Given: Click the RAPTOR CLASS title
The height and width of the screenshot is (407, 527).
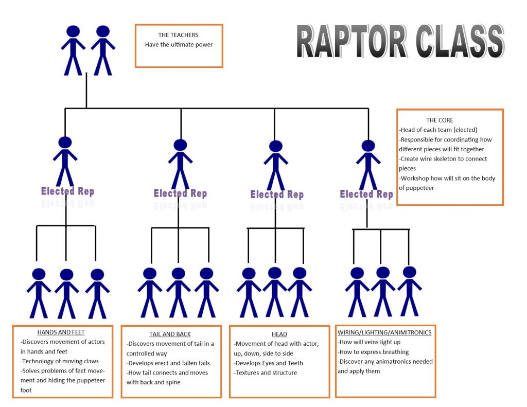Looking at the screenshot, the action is coord(400,42).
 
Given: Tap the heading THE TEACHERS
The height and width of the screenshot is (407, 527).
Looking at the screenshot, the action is coord(178,35).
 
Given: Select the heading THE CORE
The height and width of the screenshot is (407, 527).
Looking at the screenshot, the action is coord(440,120).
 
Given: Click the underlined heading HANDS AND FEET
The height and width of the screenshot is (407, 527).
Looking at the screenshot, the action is coord(61,332).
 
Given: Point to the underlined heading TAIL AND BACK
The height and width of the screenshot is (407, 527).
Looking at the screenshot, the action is coord(170,334).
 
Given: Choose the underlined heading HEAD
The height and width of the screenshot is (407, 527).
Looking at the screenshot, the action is coord(279,334).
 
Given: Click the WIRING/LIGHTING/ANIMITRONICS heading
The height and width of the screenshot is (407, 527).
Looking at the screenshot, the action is coord(384,333).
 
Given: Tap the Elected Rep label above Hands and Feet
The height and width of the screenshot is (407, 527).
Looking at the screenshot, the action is coord(67,191).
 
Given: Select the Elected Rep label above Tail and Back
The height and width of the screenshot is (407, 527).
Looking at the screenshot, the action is coord(180,193).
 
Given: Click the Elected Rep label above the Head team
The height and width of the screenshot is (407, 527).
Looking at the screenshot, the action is coord(277,194).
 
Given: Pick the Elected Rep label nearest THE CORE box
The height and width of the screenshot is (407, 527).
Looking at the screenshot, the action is coord(366,194).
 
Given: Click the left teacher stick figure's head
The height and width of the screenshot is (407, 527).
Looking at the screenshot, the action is coord(73,31).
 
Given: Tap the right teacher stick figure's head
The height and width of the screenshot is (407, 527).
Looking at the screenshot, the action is coord(102,31).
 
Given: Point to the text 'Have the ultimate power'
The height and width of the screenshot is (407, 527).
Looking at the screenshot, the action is coord(178,45).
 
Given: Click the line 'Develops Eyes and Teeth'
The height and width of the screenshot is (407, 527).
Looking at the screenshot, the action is coord(268,363).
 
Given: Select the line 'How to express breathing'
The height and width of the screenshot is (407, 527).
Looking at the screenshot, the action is coord(373,352).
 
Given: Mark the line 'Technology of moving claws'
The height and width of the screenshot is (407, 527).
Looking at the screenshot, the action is coord(60,361).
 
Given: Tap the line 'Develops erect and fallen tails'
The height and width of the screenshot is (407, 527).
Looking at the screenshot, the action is coord(168,363).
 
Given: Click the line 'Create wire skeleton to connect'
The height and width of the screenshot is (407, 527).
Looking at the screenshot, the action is coord(443,159).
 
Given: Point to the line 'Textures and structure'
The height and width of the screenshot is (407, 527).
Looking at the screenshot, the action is coord(265,373).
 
